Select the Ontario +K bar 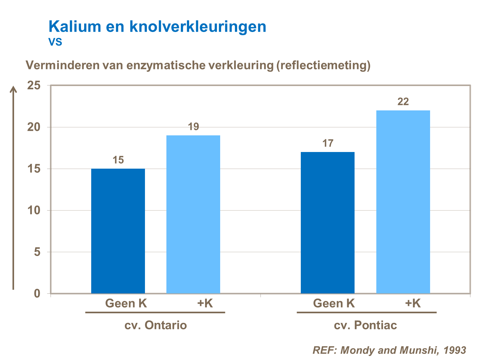coord(193,214)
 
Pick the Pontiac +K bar coord(403,202)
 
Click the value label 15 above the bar coord(118,160)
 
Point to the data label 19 coord(193,127)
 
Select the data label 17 coord(328,143)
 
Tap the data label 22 coord(403,102)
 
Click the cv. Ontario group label coord(156,325)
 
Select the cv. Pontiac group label coord(365,325)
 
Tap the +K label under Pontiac coord(413,303)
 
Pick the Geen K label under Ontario coord(126,303)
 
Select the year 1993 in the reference coord(455,350)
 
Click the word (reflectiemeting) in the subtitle coord(324,65)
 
